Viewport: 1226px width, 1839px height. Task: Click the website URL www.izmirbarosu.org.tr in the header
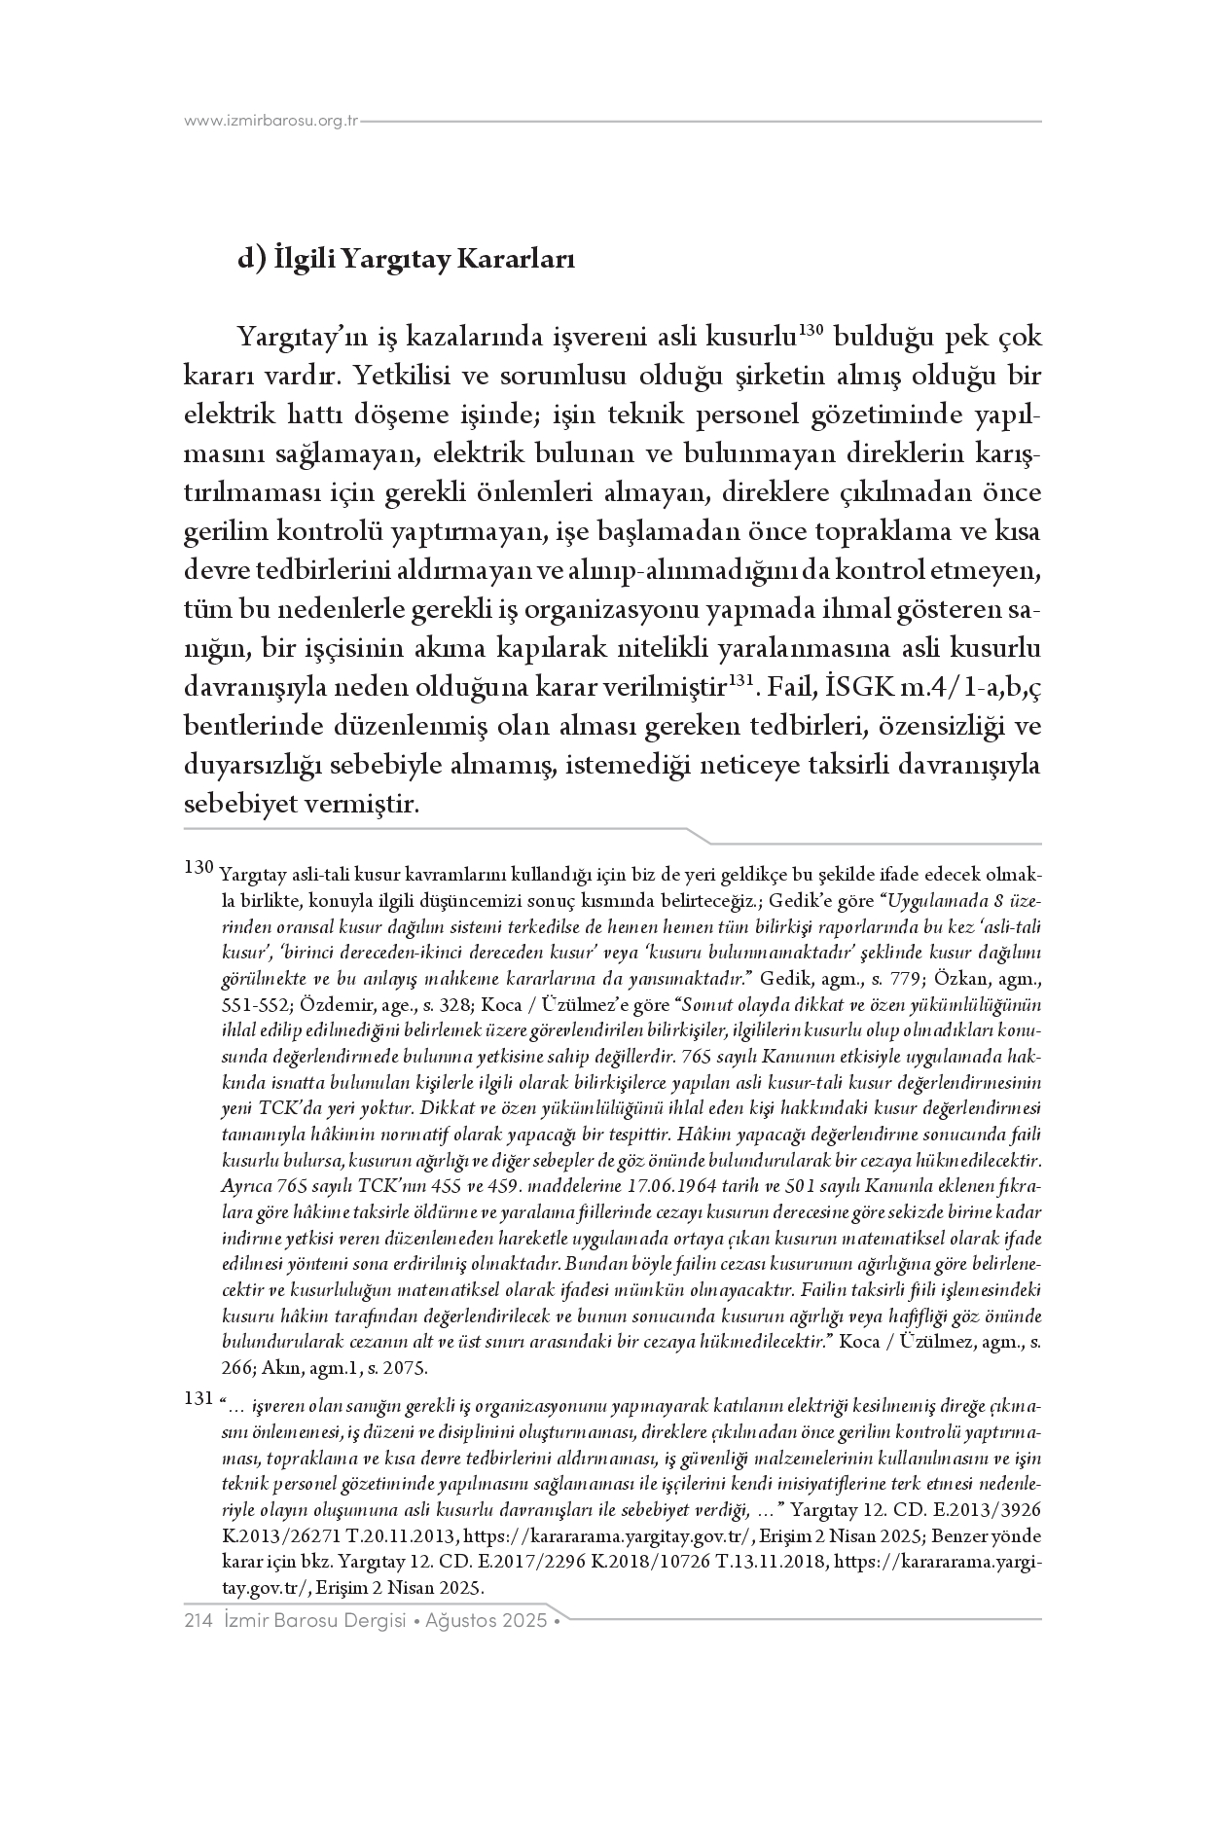pos(271,122)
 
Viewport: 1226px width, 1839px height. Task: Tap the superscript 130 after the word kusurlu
pos(811,330)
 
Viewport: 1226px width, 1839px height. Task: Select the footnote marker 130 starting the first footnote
pos(198,866)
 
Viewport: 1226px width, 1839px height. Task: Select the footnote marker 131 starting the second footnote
pos(198,1398)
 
